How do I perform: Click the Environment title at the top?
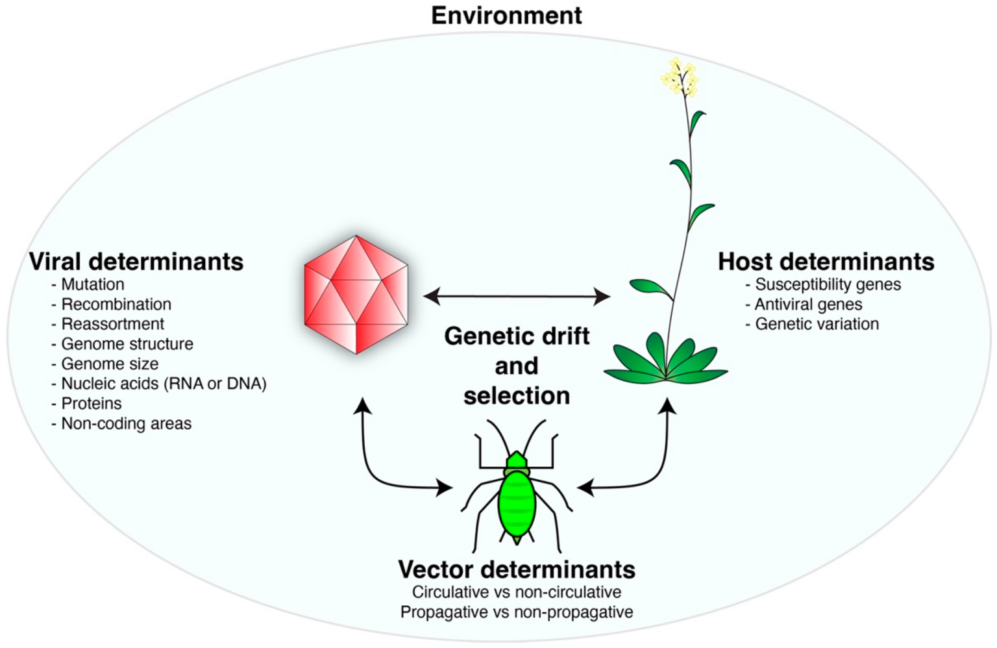point(506,16)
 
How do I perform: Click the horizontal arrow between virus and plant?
point(517,297)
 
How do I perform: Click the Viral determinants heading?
point(136,262)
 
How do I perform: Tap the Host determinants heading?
point(826,262)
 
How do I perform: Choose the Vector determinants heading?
point(517,569)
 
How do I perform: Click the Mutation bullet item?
point(92,284)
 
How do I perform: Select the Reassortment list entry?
point(112,324)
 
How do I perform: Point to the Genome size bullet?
point(109,364)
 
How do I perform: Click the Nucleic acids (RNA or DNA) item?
point(164,384)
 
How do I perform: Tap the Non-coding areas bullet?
point(126,423)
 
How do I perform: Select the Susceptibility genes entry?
point(828,284)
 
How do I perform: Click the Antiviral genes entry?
point(808,305)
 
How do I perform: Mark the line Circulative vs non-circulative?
point(517,592)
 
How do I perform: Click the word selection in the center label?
point(517,395)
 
